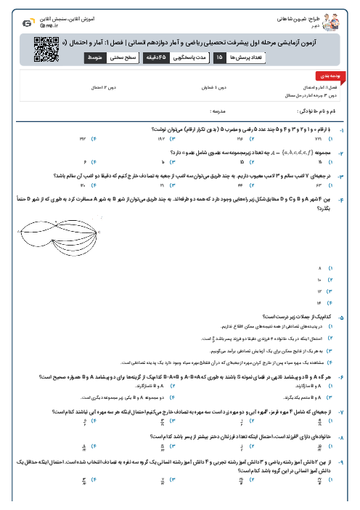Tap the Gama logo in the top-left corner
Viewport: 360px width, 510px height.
click(27, 23)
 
